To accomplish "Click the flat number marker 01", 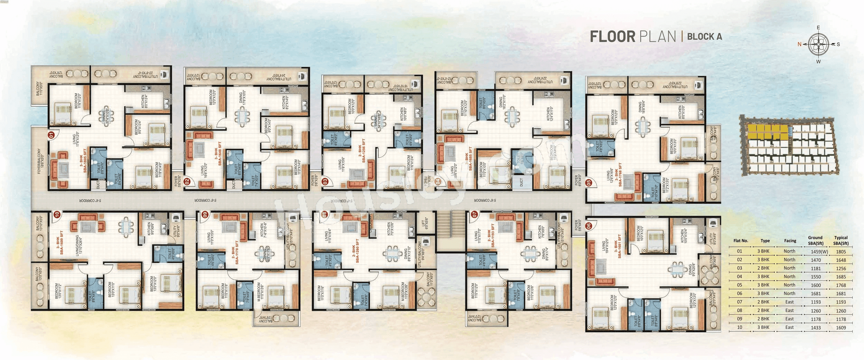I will (x=51, y=135).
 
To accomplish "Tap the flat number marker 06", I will (x=589, y=226).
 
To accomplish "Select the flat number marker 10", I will (x=57, y=215).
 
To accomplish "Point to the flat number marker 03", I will (x=325, y=181).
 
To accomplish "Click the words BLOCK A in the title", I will (x=704, y=37).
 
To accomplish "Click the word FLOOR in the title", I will (x=612, y=37).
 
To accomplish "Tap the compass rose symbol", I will (x=818, y=44).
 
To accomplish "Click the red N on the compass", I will (x=799, y=44).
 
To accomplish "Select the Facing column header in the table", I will (x=790, y=240).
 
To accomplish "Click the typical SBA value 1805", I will (x=841, y=252).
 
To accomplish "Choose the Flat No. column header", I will (x=741, y=240).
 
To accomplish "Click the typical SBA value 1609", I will (x=841, y=328).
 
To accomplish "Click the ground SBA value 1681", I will (x=816, y=294).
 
